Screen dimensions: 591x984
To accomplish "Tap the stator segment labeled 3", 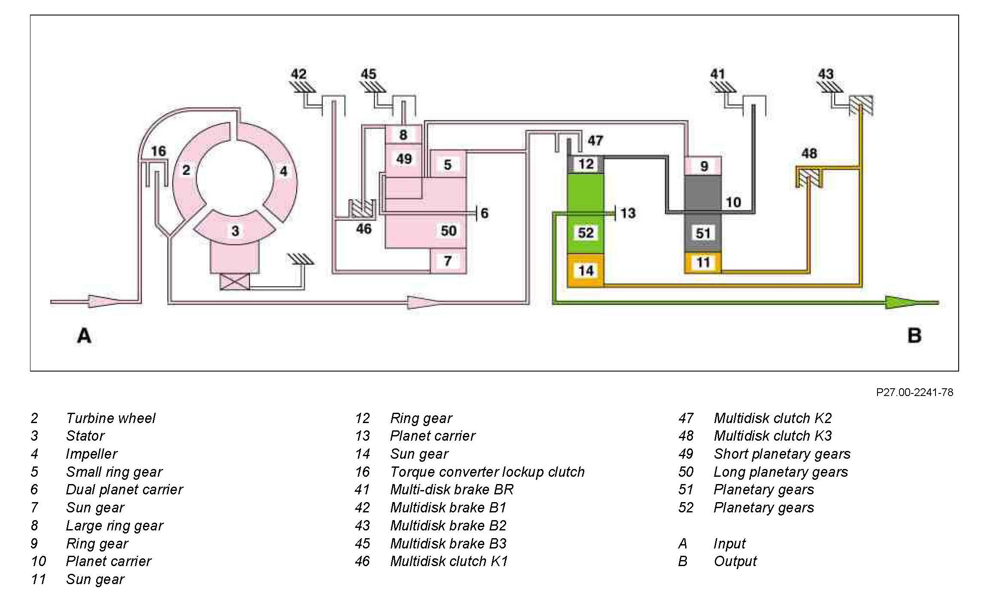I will pos(235,230).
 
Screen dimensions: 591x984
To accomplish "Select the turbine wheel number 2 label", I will pos(186,170).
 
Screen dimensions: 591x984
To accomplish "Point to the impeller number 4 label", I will pos(283,171).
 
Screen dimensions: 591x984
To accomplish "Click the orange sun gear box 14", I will pos(586,271).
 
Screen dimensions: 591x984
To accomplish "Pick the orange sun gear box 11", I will pos(703,262).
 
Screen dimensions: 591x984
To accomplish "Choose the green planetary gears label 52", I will pos(586,233).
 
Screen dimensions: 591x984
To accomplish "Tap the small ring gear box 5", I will pos(448,164).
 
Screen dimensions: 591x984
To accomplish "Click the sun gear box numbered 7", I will pos(448,261).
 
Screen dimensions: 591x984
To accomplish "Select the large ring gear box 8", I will pos(403,135).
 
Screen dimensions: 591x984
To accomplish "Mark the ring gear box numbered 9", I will pos(704,166).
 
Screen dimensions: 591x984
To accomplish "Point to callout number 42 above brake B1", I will pos(299,74).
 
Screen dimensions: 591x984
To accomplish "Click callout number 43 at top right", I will pos(826,74).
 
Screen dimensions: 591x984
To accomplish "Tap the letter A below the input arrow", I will pos(84,335).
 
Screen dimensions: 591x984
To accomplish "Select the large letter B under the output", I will pos(914,335).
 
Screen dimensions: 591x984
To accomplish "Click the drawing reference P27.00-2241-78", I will pos(914,392).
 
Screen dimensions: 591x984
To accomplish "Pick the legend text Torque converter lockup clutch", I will pos(487,472).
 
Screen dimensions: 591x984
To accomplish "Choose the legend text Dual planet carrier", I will pos(125,489).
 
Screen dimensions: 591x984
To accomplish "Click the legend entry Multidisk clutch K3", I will pos(772,436).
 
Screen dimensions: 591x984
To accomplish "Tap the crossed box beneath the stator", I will pos(234,282).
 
